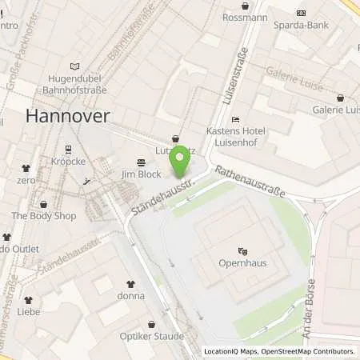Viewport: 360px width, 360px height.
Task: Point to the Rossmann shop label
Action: point(245,17)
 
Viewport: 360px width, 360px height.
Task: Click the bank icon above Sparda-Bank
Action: point(301,13)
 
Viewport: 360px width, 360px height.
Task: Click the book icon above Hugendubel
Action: point(75,66)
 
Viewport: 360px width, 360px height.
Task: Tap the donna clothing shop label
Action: point(131,295)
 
